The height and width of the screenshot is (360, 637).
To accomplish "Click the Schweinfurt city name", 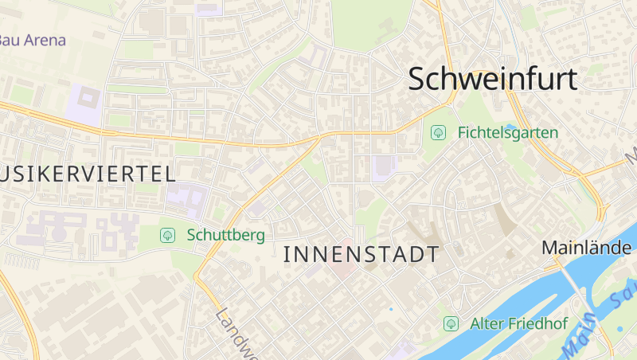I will tap(494, 78).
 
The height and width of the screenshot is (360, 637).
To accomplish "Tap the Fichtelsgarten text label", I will tap(508, 133).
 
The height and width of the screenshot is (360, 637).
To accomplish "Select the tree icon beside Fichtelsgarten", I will tap(438, 133).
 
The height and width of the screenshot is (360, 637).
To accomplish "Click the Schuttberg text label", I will tap(225, 235).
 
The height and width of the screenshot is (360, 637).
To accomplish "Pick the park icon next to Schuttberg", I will tap(167, 235).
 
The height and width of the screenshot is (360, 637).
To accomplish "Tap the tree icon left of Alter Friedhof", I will tap(451, 323).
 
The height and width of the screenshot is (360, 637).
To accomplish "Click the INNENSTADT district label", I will tap(361, 255).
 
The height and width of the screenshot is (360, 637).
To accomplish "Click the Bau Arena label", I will tap(32, 39).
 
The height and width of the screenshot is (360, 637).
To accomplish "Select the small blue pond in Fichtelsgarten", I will tap(510, 125).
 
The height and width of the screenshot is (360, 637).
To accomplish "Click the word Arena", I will tap(44, 39).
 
